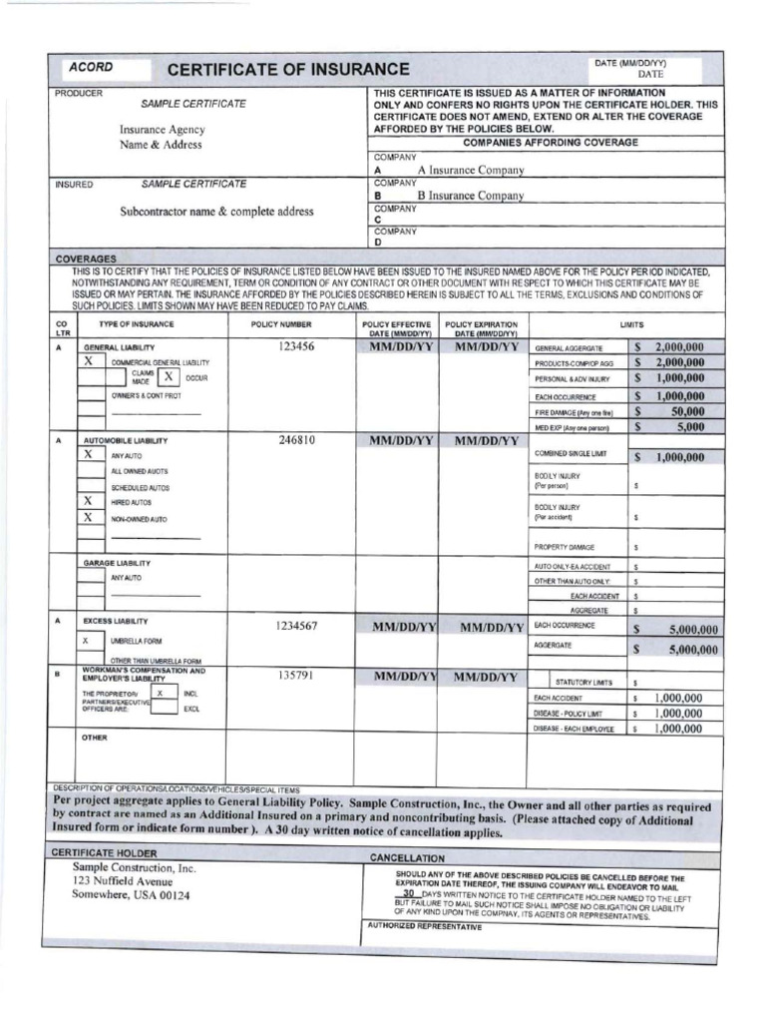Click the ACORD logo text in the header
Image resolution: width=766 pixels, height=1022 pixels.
point(91,68)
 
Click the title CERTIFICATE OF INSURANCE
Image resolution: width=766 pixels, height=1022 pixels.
point(288,69)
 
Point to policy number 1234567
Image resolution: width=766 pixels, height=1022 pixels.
point(296,626)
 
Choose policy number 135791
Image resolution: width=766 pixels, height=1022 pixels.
point(295,675)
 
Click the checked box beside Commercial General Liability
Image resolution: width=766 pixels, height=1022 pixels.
point(90,361)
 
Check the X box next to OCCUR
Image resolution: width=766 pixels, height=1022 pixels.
point(169,377)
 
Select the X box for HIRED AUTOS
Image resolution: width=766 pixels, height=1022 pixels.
point(90,501)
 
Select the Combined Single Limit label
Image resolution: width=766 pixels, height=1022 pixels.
point(571,453)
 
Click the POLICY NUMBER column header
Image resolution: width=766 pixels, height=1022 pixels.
point(281,324)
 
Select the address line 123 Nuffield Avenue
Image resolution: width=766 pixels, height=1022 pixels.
point(122,881)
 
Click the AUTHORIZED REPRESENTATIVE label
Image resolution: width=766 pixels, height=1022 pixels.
point(425,926)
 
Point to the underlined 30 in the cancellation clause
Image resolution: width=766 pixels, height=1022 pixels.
point(408,893)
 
